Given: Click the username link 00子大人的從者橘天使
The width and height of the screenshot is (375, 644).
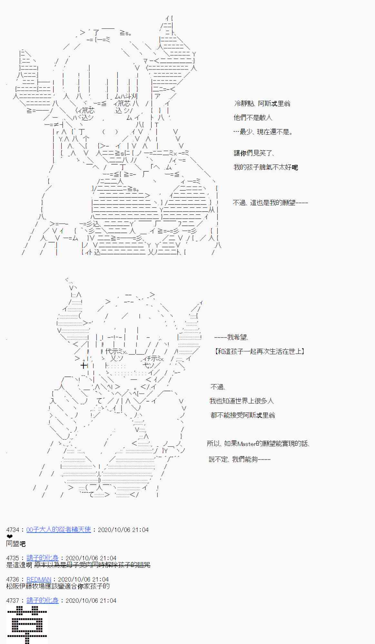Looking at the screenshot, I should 58,530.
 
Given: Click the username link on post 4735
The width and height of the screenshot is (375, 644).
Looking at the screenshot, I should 42,558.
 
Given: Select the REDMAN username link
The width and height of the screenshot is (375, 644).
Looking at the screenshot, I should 39,579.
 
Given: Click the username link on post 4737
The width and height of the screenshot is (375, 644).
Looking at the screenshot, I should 42,601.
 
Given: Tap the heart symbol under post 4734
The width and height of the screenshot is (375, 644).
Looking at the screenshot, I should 9,536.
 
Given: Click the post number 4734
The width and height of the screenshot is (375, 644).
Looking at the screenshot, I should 13,530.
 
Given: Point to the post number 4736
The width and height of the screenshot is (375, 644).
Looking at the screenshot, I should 13,579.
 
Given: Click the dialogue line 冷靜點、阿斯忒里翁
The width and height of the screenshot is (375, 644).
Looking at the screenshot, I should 262,103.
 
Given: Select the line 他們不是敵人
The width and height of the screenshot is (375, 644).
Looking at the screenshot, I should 253,118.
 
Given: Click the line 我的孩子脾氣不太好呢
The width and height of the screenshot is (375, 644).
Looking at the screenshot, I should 265,167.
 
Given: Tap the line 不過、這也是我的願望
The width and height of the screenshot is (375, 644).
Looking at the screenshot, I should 270,203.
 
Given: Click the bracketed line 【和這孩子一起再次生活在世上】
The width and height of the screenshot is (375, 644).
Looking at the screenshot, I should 260,351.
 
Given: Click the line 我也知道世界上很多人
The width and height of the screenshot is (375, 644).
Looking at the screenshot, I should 242,401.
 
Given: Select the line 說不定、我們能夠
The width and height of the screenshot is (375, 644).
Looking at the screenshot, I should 239,459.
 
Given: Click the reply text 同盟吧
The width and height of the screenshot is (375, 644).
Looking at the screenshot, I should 16,544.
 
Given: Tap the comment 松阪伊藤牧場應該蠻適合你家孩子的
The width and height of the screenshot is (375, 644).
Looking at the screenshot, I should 58,586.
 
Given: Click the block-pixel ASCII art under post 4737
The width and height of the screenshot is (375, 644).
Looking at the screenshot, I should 27,625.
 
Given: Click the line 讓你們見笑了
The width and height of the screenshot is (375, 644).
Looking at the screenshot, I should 254,153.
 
